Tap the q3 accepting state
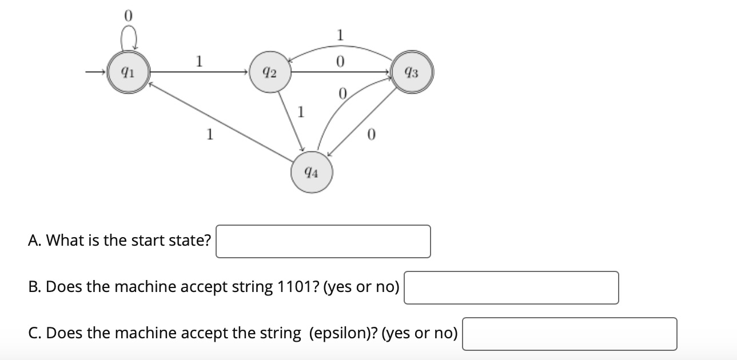(411, 73)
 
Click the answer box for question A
(323, 241)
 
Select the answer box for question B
(511, 287)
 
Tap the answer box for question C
(569, 334)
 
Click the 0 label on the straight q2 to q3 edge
(340, 61)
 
